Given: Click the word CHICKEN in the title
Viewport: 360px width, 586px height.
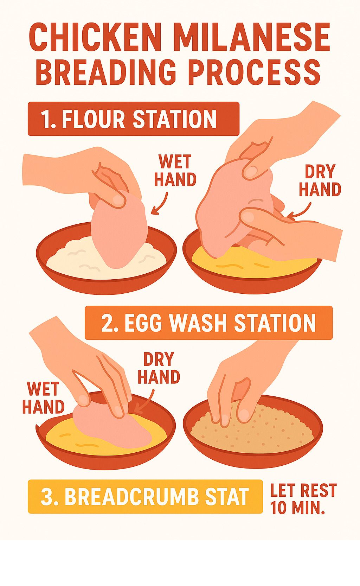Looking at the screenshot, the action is pos(95,38).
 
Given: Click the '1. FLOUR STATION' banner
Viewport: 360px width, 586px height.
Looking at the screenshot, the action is pos(134,119).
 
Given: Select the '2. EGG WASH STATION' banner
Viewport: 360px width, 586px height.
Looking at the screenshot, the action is pos(208,323).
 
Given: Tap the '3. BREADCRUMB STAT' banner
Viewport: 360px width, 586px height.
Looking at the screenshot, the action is pos(145,497).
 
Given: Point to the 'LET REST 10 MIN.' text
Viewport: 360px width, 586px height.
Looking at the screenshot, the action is pos(303,499).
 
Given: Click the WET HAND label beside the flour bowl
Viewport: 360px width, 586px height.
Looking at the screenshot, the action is pos(175,170).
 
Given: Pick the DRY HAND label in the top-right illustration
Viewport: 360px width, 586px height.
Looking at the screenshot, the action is pos(320,180).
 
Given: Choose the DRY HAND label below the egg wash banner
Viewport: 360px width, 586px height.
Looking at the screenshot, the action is pos(159,368).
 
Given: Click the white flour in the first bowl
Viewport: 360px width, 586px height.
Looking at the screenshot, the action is pos(76,259).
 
